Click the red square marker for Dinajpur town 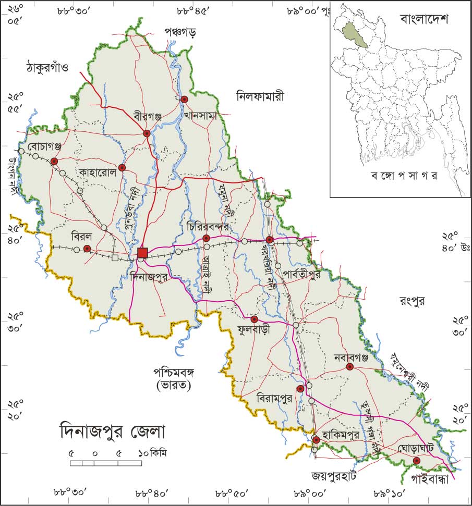142,253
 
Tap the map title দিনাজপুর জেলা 112,431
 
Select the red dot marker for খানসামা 184,99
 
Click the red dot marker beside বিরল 87,249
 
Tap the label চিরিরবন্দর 207,228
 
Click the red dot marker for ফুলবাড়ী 255,319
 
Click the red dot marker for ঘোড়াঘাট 416,461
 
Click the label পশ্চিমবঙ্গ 174,373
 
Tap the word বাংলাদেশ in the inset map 425,20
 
